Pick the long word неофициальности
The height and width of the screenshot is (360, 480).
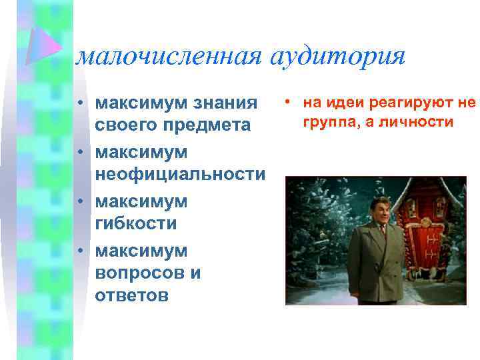[180, 174]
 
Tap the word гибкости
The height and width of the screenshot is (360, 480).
[136, 223]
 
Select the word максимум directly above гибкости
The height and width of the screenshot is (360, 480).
[141, 201]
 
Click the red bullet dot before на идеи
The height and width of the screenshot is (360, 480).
[288, 103]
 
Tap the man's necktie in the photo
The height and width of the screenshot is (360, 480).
[383, 233]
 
